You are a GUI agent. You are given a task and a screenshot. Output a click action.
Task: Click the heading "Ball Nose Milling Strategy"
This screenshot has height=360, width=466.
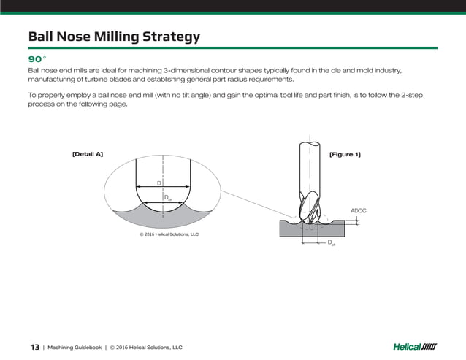click(x=113, y=37)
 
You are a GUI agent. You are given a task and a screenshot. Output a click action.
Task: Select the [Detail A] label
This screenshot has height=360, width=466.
click(x=87, y=154)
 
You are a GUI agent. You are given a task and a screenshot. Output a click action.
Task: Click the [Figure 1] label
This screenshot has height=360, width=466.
click(x=345, y=154)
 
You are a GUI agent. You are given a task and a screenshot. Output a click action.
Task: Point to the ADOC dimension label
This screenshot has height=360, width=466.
click(x=358, y=210)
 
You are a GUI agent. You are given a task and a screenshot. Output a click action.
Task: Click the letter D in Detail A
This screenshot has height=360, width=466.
click(x=158, y=183)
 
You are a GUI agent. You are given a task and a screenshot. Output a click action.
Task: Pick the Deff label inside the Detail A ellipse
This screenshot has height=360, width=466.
click(x=167, y=198)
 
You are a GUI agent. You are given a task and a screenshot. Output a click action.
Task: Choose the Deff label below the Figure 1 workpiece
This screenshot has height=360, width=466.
click(x=331, y=242)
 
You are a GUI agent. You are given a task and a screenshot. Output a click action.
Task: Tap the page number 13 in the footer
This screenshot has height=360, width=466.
click(x=34, y=347)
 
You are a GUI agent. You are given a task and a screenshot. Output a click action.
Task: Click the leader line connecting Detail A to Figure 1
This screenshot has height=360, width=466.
click(x=256, y=204)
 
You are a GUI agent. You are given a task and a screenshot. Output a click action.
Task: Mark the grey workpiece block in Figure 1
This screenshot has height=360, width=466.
click(x=292, y=229)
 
